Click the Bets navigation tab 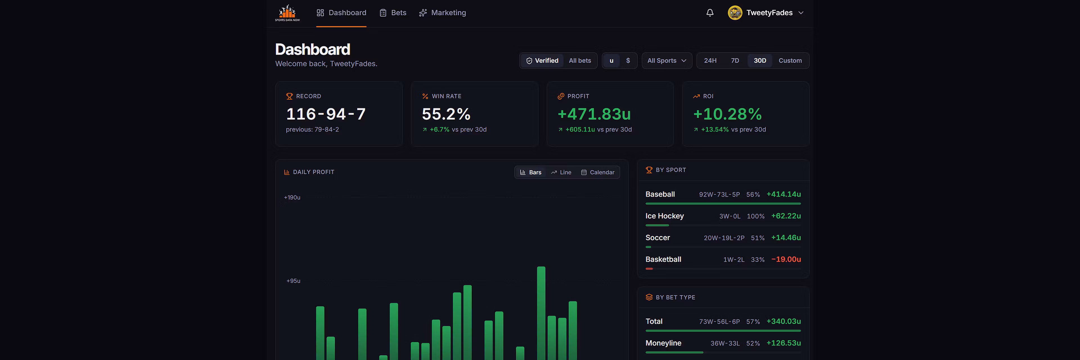[x=393, y=13]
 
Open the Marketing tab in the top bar [x=442, y=13]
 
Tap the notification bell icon [x=710, y=13]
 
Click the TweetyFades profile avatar [x=735, y=13]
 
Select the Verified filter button [x=542, y=61]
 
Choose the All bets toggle [x=580, y=61]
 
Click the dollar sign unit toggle [x=628, y=61]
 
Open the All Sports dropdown [x=667, y=61]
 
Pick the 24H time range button [x=710, y=61]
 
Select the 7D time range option [x=735, y=61]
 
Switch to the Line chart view [x=561, y=172]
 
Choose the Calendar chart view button [x=598, y=172]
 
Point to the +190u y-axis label [x=292, y=197]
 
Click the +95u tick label [x=293, y=281]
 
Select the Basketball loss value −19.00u [x=786, y=259]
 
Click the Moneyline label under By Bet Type [x=663, y=343]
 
